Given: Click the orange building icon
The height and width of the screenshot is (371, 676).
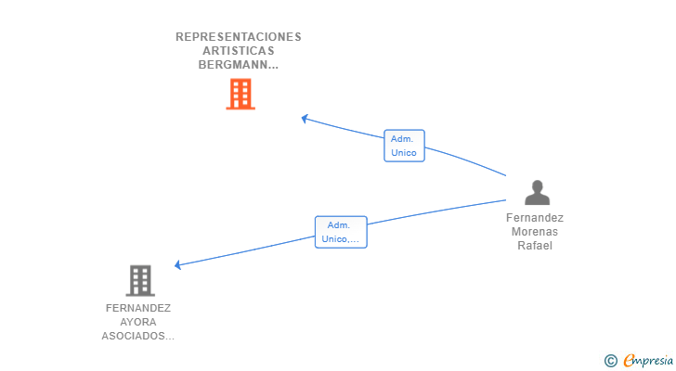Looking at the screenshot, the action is pyautogui.click(x=240, y=94).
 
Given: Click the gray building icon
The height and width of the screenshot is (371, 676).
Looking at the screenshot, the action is pyautogui.click(x=140, y=281).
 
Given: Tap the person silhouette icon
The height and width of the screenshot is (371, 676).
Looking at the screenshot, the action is pyautogui.click(x=537, y=192).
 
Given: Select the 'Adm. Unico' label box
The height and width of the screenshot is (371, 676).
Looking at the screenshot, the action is pyautogui.click(x=404, y=146).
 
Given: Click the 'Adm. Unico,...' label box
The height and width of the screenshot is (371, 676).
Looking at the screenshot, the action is pyautogui.click(x=341, y=232).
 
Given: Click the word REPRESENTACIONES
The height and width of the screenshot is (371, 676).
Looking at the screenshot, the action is pyautogui.click(x=239, y=37).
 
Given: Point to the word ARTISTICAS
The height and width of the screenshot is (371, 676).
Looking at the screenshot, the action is pyautogui.click(x=239, y=51).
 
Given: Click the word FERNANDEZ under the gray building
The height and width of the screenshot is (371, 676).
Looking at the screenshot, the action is pyautogui.click(x=138, y=308).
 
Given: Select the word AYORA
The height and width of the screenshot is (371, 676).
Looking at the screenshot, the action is pyautogui.click(x=138, y=322).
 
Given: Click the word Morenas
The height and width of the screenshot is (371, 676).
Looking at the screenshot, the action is pyautogui.click(x=535, y=232).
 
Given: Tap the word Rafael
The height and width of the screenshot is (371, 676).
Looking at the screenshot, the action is pyautogui.click(x=535, y=246).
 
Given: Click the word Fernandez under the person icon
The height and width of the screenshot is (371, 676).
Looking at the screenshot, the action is pyautogui.click(x=535, y=218).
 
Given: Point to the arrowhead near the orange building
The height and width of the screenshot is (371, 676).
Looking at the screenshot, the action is pyautogui.click(x=305, y=119).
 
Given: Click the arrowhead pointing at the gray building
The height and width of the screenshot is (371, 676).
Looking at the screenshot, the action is pyautogui.click(x=177, y=264).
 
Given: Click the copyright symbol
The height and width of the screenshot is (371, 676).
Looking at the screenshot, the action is pyautogui.click(x=610, y=361).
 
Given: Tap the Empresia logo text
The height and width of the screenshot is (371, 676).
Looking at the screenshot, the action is pyautogui.click(x=648, y=361).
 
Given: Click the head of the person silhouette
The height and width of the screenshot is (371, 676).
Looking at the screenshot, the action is pyautogui.click(x=537, y=186).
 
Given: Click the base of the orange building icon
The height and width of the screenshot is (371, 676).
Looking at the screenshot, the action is pyautogui.click(x=240, y=108).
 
